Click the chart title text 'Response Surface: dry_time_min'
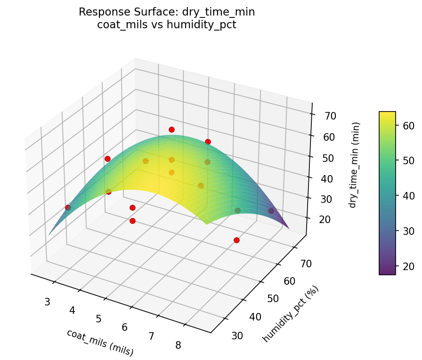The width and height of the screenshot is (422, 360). [167, 12]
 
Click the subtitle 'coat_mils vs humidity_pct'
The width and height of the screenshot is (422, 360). [167, 24]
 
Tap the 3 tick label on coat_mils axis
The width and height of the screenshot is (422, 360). [47, 302]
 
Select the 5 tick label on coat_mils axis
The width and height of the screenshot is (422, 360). [99, 319]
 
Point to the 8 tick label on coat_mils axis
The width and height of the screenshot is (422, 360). [178, 345]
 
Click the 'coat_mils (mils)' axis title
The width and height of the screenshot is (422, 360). [100, 342]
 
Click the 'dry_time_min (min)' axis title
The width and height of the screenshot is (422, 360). [354, 165]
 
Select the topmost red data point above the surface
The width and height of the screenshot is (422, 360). [171, 129]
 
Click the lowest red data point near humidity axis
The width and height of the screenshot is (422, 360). [236, 240]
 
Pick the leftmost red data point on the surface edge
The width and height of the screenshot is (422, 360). [68, 208]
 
